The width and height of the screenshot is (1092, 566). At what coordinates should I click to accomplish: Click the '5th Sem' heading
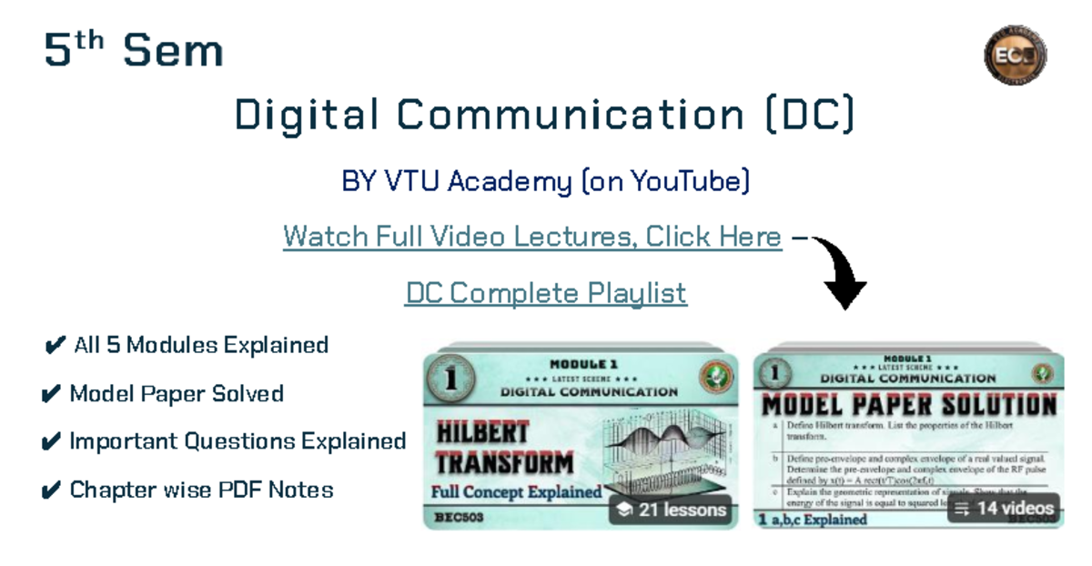pos(134,50)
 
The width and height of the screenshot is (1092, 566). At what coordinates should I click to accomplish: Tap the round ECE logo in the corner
pos(1015,54)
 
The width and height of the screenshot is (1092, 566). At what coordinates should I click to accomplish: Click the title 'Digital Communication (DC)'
pos(544,116)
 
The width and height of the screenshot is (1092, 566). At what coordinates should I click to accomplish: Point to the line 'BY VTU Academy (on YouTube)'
pos(545,182)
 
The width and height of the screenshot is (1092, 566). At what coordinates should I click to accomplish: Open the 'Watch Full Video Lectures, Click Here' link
pos(532,237)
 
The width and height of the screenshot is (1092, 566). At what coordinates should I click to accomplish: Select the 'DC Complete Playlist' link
pos(545,293)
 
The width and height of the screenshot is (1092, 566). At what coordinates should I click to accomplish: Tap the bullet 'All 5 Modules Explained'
pos(187,346)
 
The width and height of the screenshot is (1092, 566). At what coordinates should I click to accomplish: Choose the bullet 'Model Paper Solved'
pos(165,394)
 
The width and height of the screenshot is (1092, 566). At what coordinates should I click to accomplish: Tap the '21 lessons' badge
pos(672,510)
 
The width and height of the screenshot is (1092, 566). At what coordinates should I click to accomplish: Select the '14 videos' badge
pos(1004,508)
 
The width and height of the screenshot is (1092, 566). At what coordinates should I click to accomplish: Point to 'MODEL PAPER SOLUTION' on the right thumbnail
pos(908,405)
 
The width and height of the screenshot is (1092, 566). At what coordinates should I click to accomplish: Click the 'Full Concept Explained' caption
pos(516,492)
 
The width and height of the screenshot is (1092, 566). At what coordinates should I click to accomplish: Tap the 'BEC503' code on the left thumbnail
pos(460,518)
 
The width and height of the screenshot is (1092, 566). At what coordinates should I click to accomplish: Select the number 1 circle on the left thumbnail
pos(450,380)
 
